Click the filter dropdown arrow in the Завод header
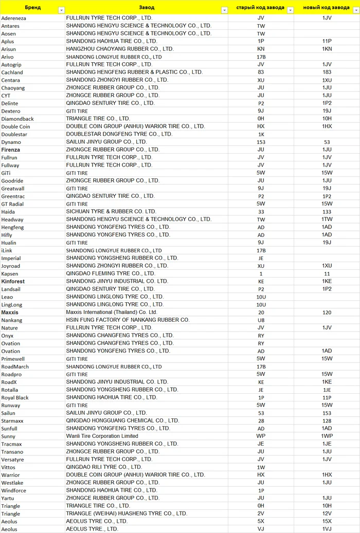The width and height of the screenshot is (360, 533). click(x=224, y=10)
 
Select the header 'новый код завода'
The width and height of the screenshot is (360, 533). click(x=327, y=8)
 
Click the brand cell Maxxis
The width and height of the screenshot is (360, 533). click(x=10, y=312)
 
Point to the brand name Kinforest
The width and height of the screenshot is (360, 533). click(x=13, y=281)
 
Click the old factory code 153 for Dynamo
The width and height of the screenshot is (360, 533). click(x=261, y=142)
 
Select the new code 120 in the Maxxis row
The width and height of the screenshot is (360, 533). click(x=327, y=312)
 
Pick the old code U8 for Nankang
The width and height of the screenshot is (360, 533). click(x=261, y=320)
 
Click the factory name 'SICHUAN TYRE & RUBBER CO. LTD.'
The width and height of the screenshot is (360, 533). click(x=111, y=211)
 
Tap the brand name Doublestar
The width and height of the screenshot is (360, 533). click(x=14, y=134)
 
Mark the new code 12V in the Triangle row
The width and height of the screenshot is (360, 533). click(x=327, y=513)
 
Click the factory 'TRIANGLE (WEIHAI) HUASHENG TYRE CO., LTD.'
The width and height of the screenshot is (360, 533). click(x=127, y=513)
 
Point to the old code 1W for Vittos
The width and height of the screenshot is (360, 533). click(x=261, y=467)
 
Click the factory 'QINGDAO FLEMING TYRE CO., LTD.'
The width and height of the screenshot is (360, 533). click(x=110, y=273)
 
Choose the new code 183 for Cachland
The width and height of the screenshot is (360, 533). click(x=327, y=72)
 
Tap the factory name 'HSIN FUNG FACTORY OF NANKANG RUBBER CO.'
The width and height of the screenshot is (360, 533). click(x=128, y=320)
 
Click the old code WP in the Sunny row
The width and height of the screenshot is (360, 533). click(x=261, y=436)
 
